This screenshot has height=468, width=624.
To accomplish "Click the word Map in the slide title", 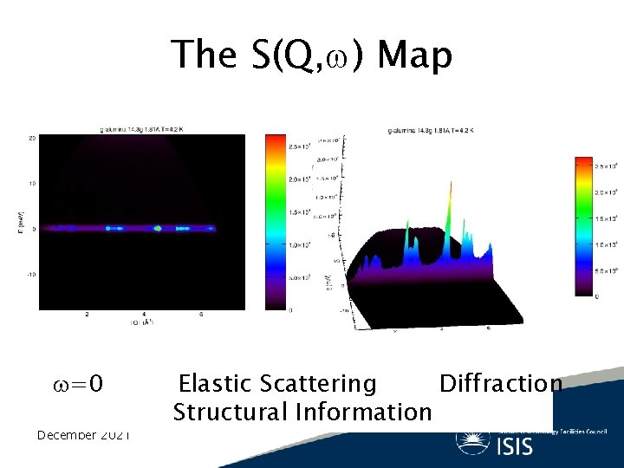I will [415, 55].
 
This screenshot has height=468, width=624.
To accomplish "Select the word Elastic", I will [214, 383].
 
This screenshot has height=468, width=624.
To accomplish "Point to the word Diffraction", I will [500, 383].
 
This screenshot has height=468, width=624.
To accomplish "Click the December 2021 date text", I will [83, 434].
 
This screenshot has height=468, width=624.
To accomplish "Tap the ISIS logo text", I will [516, 445].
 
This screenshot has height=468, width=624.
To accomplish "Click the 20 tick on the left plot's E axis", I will [31, 138].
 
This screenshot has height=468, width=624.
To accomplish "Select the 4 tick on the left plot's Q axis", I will [144, 315].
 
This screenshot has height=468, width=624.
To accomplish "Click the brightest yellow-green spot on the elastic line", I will [158, 229].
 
